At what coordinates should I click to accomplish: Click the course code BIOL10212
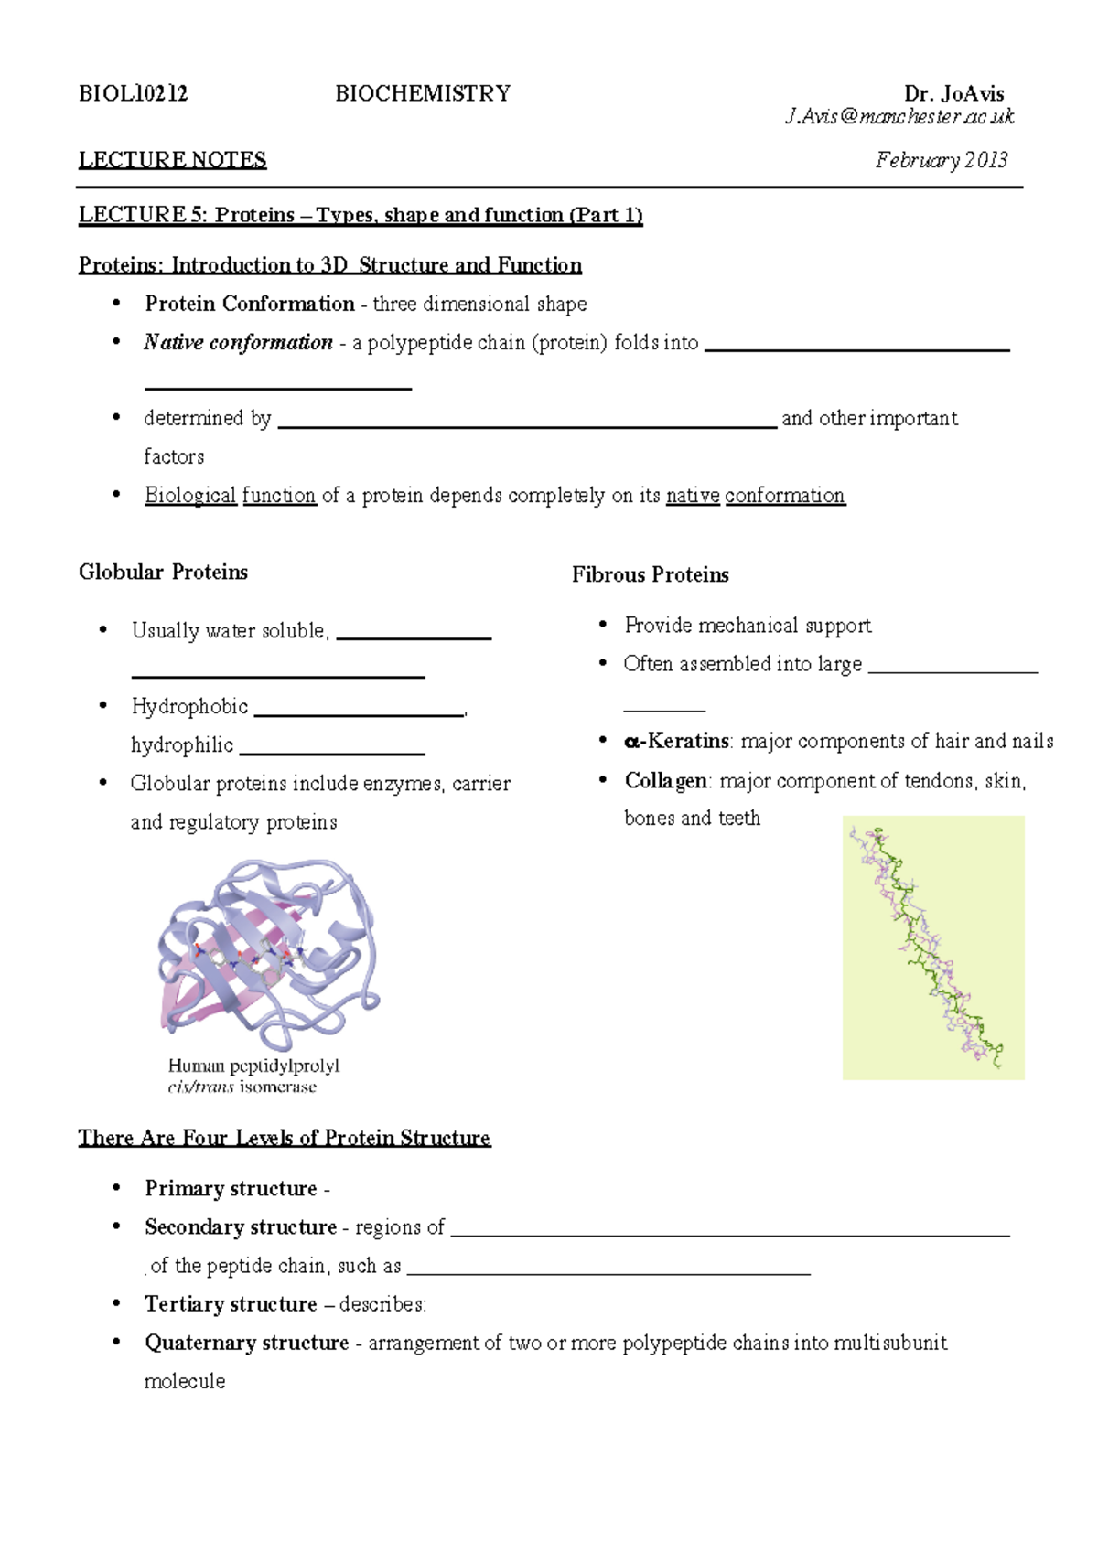tap(134, 93)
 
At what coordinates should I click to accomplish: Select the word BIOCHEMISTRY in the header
tap(423, 93)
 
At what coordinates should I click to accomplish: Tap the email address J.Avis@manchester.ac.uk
tap(899, 117)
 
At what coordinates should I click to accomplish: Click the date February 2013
tap(941, 161)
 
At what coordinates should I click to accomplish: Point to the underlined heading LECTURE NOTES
tap(172, 160)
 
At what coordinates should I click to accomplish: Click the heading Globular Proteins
tap(163, 573)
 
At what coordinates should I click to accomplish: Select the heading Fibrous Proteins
tap(650, 575)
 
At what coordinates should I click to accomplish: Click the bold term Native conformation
tap(238, 343)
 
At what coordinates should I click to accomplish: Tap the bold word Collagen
tap(665, 781)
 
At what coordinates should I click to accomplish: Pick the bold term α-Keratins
tap(676, 742)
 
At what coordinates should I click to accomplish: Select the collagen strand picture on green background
tap(932, 948)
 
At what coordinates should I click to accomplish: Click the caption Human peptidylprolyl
tap(253, 1066)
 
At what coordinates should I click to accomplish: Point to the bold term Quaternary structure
tap(246, 1343)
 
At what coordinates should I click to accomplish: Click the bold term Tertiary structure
tap(231, 1304)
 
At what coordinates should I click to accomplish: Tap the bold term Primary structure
tap(231, 1189)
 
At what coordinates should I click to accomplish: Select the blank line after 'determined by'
tap(526, 424)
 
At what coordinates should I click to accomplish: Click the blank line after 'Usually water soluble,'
tap(414, 636)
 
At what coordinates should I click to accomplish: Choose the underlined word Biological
tap(190, 496)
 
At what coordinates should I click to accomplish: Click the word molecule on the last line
tap(184, 1381)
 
